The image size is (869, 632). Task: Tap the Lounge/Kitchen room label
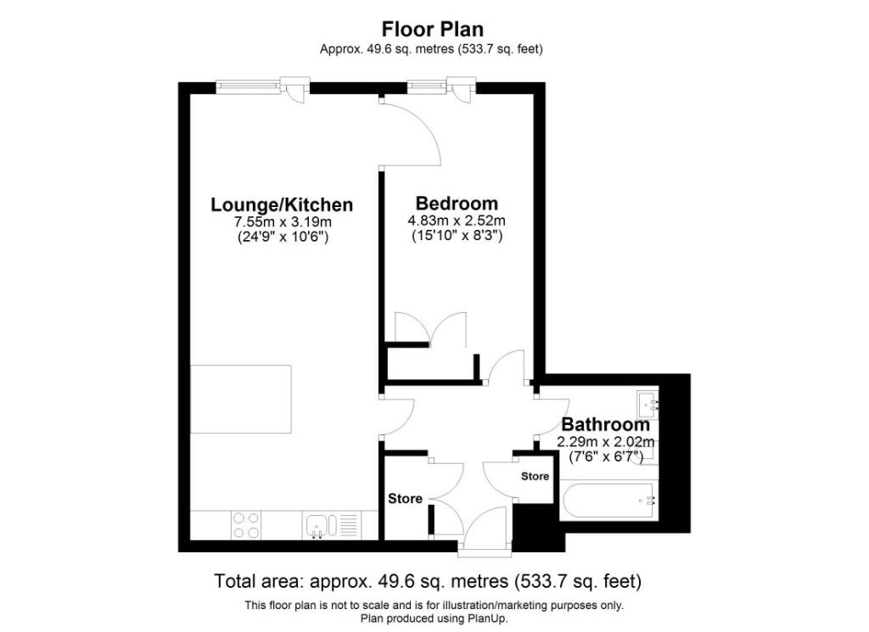coord(282,204)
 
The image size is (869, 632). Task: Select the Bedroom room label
coord(457,204)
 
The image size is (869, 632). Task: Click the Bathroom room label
coord(606,424)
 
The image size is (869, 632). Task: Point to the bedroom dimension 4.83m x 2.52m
coord(457,221)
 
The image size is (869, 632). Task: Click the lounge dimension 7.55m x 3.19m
coord(282,222)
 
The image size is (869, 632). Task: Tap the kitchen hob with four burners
coord(246,525)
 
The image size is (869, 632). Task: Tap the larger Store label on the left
coord(405,499)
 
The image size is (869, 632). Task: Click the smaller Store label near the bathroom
coord(535,477)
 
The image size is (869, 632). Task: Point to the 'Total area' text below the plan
coord(429,582)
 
